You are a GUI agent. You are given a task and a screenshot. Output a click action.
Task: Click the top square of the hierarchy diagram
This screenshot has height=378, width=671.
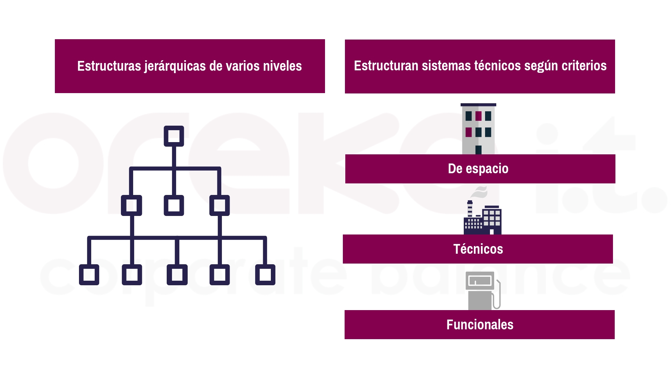coord(174,126)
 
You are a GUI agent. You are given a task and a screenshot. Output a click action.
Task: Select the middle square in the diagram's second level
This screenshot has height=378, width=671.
coord(174,196)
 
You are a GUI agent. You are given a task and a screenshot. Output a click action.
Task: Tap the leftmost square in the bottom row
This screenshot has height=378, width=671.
coord(89,265)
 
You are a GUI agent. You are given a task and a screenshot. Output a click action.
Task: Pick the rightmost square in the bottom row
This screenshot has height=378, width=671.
coord(265,265)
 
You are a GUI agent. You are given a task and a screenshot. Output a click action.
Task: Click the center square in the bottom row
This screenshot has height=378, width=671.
coord(177,265)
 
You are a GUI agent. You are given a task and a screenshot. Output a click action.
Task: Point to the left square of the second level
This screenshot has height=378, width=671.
coord(131,196)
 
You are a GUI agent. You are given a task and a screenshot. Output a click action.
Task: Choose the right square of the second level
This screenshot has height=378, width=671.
coord(219,196)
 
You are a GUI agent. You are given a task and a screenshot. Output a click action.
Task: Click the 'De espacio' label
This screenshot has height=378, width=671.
coord(478,169)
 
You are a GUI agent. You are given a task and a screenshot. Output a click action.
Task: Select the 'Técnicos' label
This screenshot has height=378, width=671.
coord(478,249)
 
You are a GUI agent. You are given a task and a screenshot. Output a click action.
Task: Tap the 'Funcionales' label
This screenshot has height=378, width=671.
coord(480,324)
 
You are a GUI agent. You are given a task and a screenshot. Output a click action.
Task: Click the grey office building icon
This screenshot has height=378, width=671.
coord(478,129)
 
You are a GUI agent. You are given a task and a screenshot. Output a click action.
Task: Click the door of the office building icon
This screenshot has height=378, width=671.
coord(478,150)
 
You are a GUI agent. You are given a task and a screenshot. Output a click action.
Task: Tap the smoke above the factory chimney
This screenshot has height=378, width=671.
coord(479,192)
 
